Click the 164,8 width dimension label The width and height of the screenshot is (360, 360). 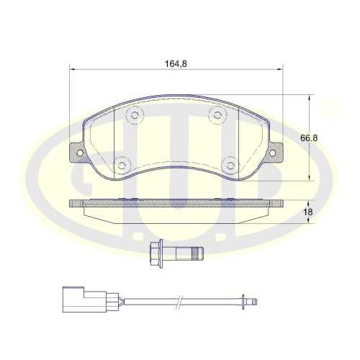[x=176, y=64]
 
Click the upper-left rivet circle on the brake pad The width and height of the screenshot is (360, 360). [x=135, y=114]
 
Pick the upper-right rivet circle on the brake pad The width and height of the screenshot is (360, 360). [x=217, y=115]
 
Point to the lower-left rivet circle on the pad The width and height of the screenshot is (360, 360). [x=122, y=165]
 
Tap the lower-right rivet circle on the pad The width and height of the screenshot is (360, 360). [x=230, y=165]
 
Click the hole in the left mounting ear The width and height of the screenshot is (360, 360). [x=80, y=153]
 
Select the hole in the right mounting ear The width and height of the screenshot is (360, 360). [x=272, y=153]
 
